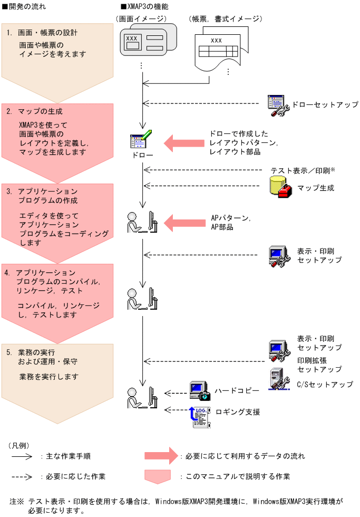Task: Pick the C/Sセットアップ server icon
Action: [x=277, y=379]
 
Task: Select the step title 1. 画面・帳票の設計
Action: [x=42, y=33]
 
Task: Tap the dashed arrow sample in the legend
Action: [x=23, y=476]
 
